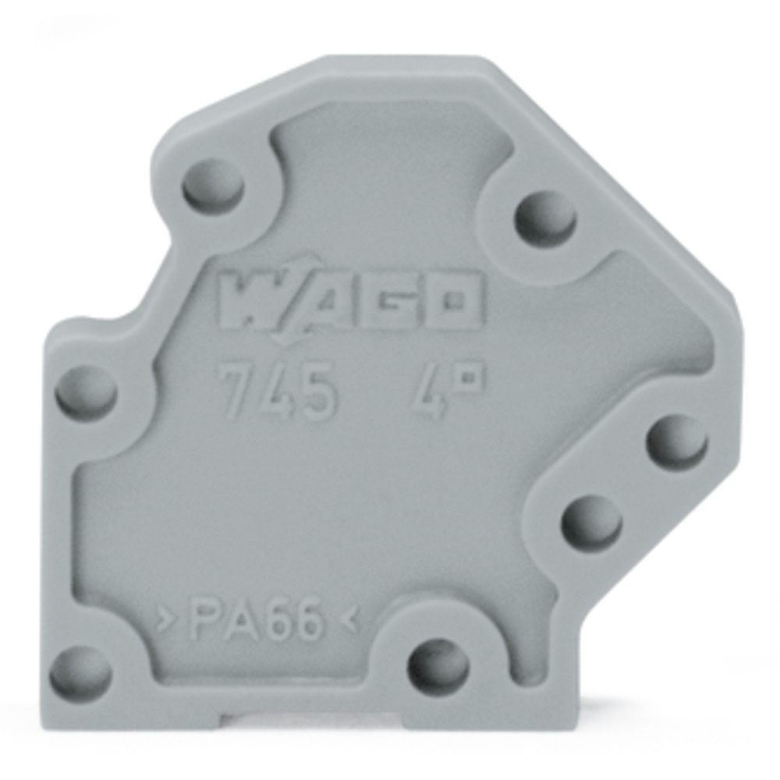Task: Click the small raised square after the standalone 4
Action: point(470,378)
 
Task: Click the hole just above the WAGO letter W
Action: point(213,188)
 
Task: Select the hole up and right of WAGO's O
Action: point(544,219)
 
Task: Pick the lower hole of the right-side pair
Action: point(592,521)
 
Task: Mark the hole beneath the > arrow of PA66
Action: point(80,673)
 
